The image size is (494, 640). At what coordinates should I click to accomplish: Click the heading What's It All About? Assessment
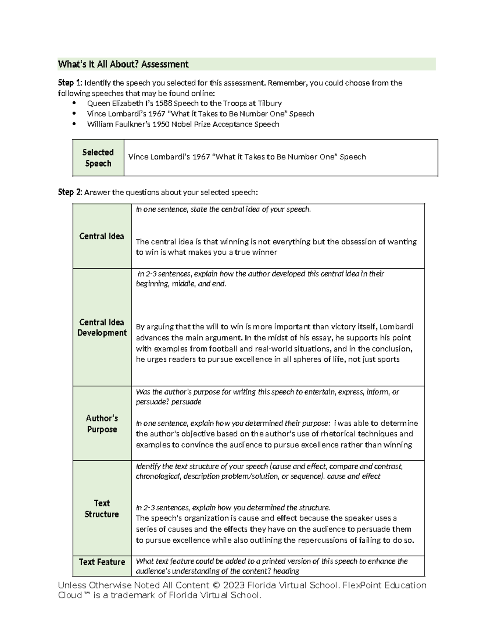(123, 64)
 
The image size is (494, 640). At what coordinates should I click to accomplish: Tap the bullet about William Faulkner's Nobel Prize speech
(183, 124)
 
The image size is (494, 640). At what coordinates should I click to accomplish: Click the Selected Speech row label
(98, 158)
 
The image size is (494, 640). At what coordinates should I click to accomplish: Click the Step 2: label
(70, 192)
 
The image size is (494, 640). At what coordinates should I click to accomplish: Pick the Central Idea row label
(101, 236)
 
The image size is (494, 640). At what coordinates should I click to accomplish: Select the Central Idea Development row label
(102, 327)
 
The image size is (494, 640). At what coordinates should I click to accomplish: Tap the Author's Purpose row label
(102, 424)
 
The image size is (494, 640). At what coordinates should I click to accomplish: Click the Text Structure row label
(101, 509)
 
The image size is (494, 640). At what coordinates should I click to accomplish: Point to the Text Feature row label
(102, 562)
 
